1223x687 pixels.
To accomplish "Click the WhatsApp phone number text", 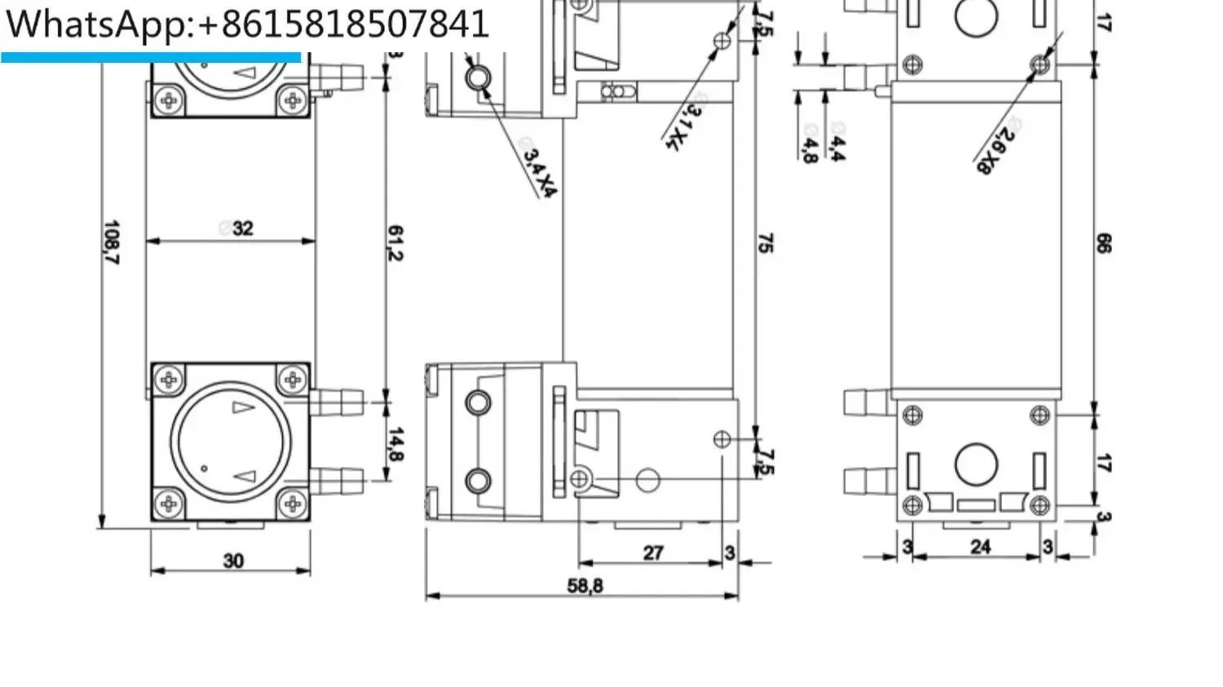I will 247,24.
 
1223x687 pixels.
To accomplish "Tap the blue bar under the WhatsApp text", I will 151,57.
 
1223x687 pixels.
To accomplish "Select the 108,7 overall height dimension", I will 112,242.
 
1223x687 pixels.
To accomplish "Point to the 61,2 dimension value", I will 395,242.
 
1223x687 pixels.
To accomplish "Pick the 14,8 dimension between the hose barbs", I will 395,443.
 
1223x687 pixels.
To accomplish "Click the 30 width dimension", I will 233,561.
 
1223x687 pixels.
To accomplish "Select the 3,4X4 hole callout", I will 539,172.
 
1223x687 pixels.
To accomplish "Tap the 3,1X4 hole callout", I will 682,126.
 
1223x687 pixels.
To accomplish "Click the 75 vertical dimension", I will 765,242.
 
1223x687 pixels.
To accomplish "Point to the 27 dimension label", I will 653,552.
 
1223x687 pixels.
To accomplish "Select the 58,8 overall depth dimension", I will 585,586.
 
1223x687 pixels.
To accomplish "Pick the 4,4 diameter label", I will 837,147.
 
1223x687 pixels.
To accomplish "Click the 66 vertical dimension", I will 1103,242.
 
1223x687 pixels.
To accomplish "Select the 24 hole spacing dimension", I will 980,547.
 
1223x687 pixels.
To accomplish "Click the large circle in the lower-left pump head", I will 231,441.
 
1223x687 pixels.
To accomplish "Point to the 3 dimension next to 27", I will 730,553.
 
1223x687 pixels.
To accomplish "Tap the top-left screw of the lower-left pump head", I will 169,379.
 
